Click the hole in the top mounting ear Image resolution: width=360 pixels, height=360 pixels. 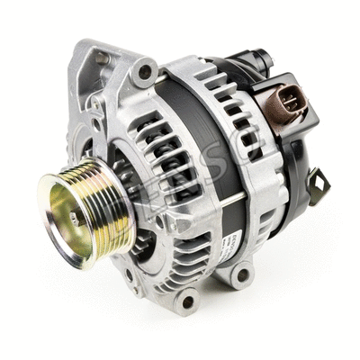point(144,71)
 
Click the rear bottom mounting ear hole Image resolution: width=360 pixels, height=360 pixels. point(243,274)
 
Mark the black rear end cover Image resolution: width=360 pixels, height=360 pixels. point(297,162)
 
